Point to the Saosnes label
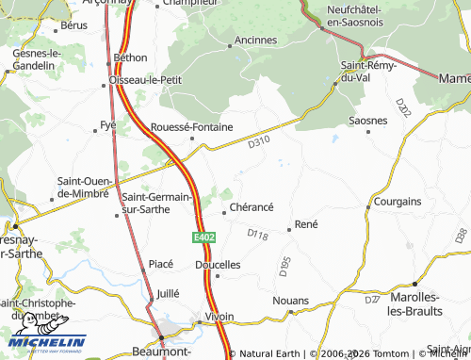(367, 121)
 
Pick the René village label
(306, 224)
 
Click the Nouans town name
(289, 300)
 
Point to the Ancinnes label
(255, 41)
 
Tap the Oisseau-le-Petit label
(145, 80)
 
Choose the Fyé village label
(107, 124)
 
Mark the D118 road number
(256, 233)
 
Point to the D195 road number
(284, 267)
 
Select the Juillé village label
(167, 293)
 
